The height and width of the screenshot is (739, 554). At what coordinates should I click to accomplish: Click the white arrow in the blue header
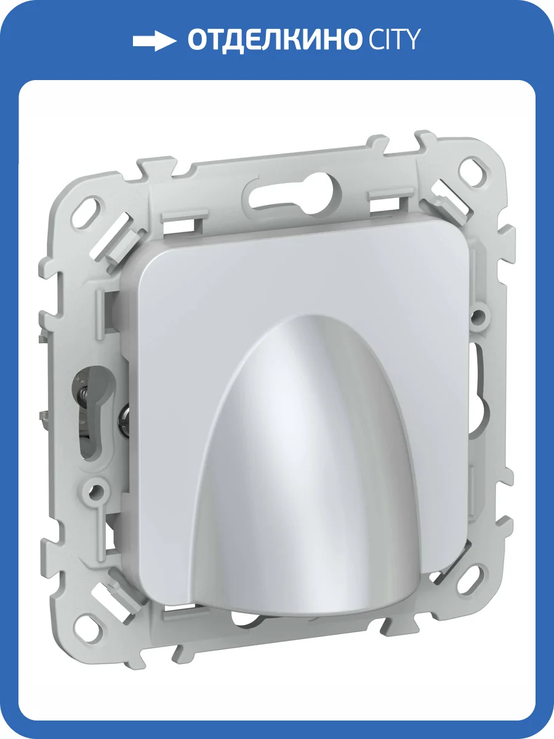click(x=154, y=41)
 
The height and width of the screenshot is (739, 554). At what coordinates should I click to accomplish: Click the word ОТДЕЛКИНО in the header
click(x=273, y=40)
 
